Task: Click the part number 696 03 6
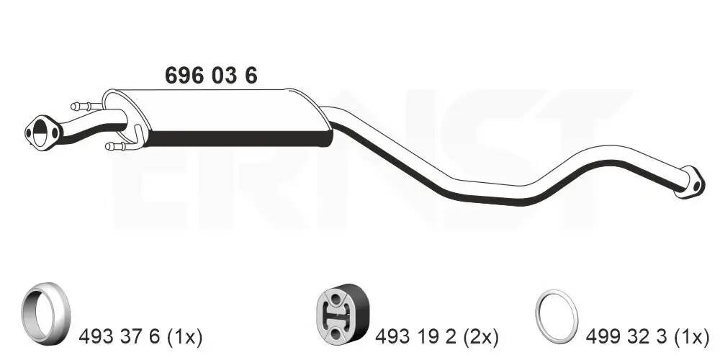[x=211, y=76]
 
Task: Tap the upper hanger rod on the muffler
[x=87, y=107]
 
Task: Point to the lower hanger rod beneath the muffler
[x=124, y=143]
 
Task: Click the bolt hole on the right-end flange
[x=696, y=186]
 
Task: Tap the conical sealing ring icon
[x=45, y=314]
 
